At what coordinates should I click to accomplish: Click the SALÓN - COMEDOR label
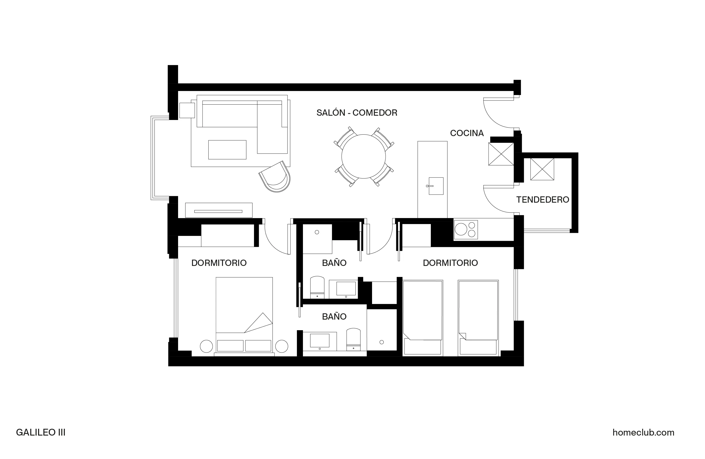pyautogui.click(x=357, y=113)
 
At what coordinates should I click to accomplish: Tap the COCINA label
pyautogui.click(x=467, y=133)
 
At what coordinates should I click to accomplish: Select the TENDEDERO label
pyautogui.click(x=542, y=200)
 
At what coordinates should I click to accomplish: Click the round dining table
pyautogui.click(x=363, y=157)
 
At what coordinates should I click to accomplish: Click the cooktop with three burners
pyautogui.click(x=466, y=230)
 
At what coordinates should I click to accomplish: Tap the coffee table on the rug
pyautogui.click(x=227, y=150)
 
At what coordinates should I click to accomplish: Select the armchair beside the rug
pyautogui.click(x=275, y=177)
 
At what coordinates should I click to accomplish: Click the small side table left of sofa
pyautogui.click(x=187, y=110)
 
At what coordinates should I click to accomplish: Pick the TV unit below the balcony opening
pyautogui.click(x=219, y=210)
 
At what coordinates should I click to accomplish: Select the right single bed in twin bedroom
pyautogui.click(x=478, y=317)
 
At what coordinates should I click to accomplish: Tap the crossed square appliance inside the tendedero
pyautogui.click(x=542, y=169)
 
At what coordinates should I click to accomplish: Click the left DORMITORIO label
pyautogui.click(x=219, y=263)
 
